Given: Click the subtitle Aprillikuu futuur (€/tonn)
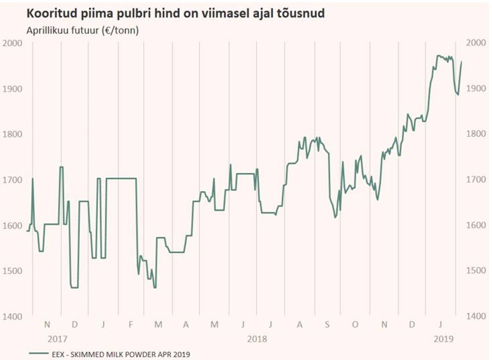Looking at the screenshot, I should pos(83,31).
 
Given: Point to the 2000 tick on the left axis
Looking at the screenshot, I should pos(12,43).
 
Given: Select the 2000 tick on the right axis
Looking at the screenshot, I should pos(476,43).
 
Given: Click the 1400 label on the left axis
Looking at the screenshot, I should pos(12,317).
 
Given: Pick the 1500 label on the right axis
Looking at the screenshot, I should pos(476,271).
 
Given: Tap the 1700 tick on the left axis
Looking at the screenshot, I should pos(12,180).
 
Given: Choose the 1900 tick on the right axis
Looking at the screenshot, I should pos(476,88).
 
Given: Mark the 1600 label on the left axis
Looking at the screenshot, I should pos(12,226).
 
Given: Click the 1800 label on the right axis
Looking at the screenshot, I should pos(476,134).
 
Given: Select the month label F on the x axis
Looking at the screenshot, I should pos(131,325).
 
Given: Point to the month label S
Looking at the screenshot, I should pos(327,325).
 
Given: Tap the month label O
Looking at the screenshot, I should pos(355,325).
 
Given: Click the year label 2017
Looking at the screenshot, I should pos(57,339).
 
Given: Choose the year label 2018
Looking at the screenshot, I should pos(257,339).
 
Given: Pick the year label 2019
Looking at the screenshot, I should pos(444,339).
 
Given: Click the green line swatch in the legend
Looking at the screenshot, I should pos(39,353).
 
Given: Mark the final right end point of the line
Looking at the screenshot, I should pos(462,62).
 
